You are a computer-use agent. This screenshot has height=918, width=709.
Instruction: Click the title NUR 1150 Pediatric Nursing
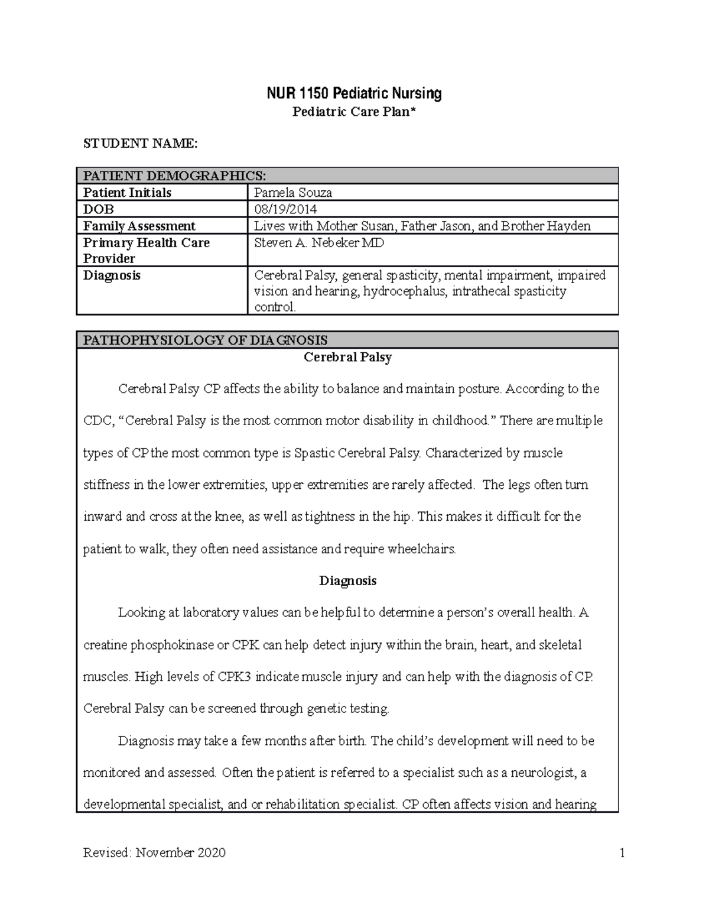tap(353, 93)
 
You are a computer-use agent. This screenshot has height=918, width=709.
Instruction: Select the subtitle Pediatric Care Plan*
tap(353, 112)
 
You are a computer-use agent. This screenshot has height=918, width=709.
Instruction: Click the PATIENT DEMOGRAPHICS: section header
tap(174, 176)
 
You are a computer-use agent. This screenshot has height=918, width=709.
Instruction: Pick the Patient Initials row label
tap(127, 193)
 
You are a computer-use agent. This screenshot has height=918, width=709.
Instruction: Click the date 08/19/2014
tap(285, 209)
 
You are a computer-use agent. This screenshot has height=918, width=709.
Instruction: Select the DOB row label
tap(99, 209)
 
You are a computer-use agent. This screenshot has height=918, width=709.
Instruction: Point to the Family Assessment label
tap(139, 226)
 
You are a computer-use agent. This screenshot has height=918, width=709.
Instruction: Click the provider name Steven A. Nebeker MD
tap(318, 243)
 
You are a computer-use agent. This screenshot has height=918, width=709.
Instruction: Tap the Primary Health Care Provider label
tap(146, 251)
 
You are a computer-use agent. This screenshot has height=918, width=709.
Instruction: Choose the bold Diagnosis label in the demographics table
tap(112, 275)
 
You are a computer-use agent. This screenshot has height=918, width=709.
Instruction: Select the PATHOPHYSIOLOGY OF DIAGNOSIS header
tap(205, 340)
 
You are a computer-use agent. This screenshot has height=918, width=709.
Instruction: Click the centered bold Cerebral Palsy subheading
tap(347, 357)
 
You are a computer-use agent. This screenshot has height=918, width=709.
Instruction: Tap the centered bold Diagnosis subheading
tap(347, 580)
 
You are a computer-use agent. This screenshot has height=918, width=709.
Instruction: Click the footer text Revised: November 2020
tap(154, 852)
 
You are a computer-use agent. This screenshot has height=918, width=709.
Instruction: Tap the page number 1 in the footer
tap(622, 852)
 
